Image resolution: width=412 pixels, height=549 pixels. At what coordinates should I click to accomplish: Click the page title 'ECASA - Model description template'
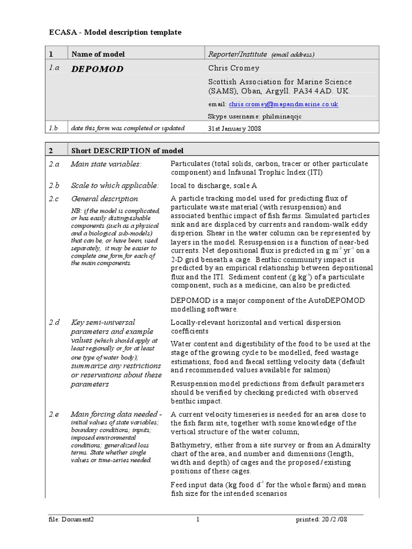(115, 33)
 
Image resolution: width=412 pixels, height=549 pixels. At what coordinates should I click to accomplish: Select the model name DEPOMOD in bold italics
(97, 69)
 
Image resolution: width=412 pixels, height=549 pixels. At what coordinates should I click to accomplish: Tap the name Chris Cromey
(233, 68)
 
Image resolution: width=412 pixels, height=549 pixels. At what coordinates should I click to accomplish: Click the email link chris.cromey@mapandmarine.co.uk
(283, 105)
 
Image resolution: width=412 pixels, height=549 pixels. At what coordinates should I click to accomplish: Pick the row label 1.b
(53, 128)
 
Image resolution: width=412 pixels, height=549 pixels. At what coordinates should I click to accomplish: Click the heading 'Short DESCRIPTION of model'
(127, 151)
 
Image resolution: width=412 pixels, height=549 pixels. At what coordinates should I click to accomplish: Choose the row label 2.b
(54, 186)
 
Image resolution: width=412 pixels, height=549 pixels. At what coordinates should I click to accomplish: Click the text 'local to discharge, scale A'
(214, 186)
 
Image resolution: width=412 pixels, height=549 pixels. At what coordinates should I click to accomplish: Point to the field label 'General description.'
(105, 199)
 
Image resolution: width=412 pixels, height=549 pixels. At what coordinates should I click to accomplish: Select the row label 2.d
(54, 322)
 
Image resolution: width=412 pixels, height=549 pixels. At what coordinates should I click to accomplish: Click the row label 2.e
(54, 414)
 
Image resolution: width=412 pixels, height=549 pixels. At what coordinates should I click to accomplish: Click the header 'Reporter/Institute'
(237, 54)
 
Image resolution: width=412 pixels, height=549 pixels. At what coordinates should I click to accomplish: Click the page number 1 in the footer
(198, 520)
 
